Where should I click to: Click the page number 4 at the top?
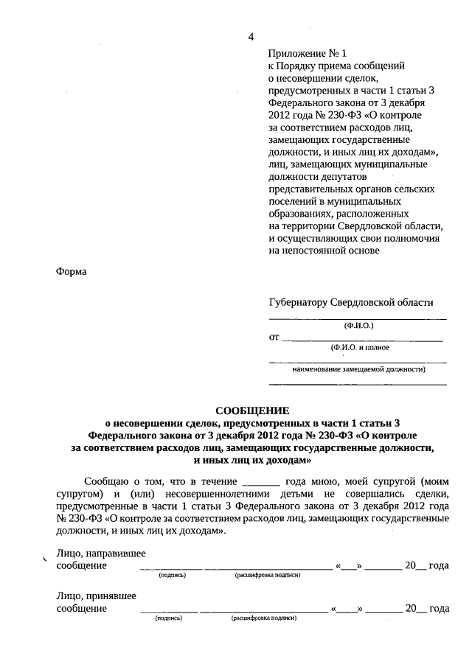pos(251,38)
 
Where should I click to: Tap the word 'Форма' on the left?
pos(72,272)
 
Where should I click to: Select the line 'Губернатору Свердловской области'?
pos(351,303)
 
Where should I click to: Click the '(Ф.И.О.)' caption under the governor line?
pos(359,325)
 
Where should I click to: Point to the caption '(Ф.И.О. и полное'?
pos(360,347)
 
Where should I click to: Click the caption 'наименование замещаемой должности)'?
pos(358,369)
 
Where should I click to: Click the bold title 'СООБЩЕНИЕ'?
pos(253,411)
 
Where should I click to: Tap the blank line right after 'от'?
pos(363,339)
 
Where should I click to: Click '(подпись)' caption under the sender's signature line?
pos(172,576)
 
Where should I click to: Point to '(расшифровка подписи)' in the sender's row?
pos(266,576)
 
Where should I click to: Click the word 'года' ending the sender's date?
pos(439,565)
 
